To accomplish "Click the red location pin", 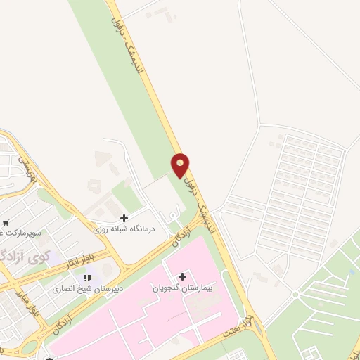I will (x=181, y=165).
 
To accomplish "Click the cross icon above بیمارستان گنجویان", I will (x=182, y=276).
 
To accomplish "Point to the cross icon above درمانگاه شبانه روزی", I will (x=124, y=218).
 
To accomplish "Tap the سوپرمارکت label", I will (x=21, y=231).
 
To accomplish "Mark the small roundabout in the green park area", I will (x=296, y=294).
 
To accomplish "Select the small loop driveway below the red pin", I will (x=173, y=215).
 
